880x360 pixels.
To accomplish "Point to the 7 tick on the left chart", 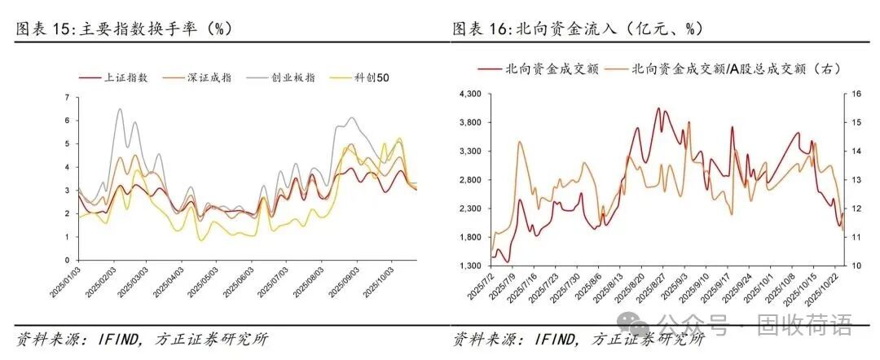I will pos(67,97).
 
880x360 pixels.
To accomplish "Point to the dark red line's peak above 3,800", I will pos(658,108).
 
